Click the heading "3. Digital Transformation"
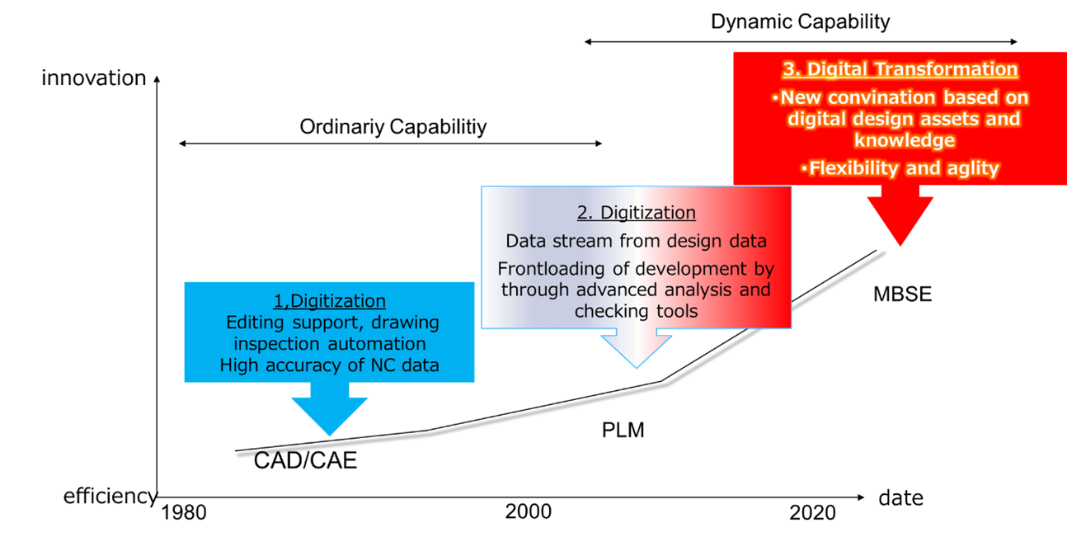900,69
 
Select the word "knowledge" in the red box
905,140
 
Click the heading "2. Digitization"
636,213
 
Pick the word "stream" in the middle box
582,242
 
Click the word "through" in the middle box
534,290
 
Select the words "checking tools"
636,311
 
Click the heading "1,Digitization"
329,301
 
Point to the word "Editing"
256,323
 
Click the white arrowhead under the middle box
637,351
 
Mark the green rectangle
928,350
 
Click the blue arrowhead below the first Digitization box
328,417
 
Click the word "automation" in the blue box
377,343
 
